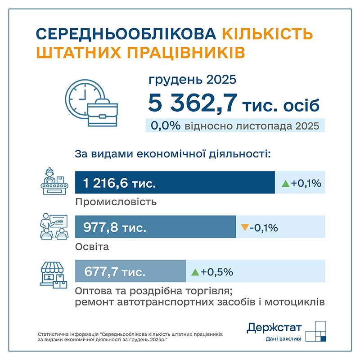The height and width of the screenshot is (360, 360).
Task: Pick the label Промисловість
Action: tap(116, 202)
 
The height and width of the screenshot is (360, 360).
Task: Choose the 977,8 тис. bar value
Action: tap(115, 227)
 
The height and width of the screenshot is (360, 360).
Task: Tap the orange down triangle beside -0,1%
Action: tap(244, 227)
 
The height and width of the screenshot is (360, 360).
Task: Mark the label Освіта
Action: tap(92, 247)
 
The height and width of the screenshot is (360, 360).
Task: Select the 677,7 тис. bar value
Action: tap(115, 272)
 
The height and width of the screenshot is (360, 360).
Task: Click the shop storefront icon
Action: tap(54, 275)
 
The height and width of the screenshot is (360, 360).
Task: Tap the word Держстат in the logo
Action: tap(274, 328)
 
